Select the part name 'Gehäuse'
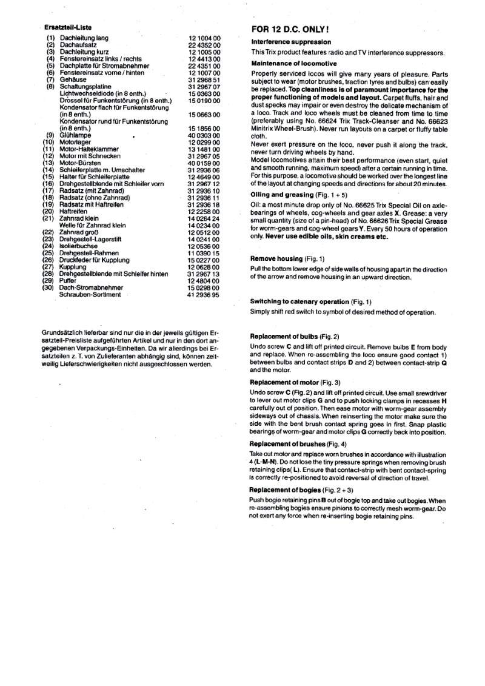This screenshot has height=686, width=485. [x=73, y=79]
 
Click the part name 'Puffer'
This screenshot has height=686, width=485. [x=69, y=280]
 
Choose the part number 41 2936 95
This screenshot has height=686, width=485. [x=204, y=294]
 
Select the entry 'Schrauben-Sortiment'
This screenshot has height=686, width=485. [x=90, y=294]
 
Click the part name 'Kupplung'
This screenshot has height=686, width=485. [x=73, y=267]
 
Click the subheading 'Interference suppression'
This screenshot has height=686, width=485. [x=290, y=42]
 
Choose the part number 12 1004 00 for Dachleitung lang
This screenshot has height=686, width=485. [x=204, y=38]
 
